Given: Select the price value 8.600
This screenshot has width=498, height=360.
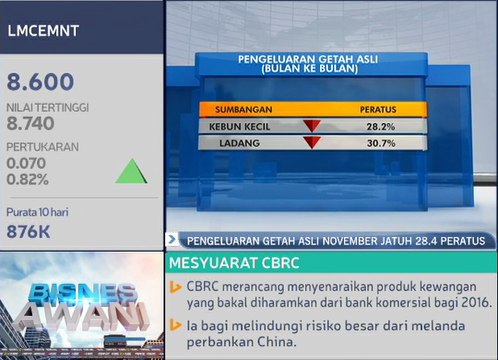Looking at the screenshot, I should [41, 82].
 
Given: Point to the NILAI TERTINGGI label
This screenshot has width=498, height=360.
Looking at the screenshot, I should [48, 106].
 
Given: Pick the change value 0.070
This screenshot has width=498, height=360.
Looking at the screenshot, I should [27, 162].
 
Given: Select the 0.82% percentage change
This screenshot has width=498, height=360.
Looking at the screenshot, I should [28, 179].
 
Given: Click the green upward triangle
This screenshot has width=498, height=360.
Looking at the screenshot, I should [131, 171].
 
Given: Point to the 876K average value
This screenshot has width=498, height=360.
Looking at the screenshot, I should [29, 231].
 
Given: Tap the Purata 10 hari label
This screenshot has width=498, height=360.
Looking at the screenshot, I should [39, 212].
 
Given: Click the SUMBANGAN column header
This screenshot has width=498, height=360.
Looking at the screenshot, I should [242, 108].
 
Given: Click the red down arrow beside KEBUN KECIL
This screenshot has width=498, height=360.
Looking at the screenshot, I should [311, 127].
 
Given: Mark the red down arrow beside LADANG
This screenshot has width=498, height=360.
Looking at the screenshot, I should [311, 143].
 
